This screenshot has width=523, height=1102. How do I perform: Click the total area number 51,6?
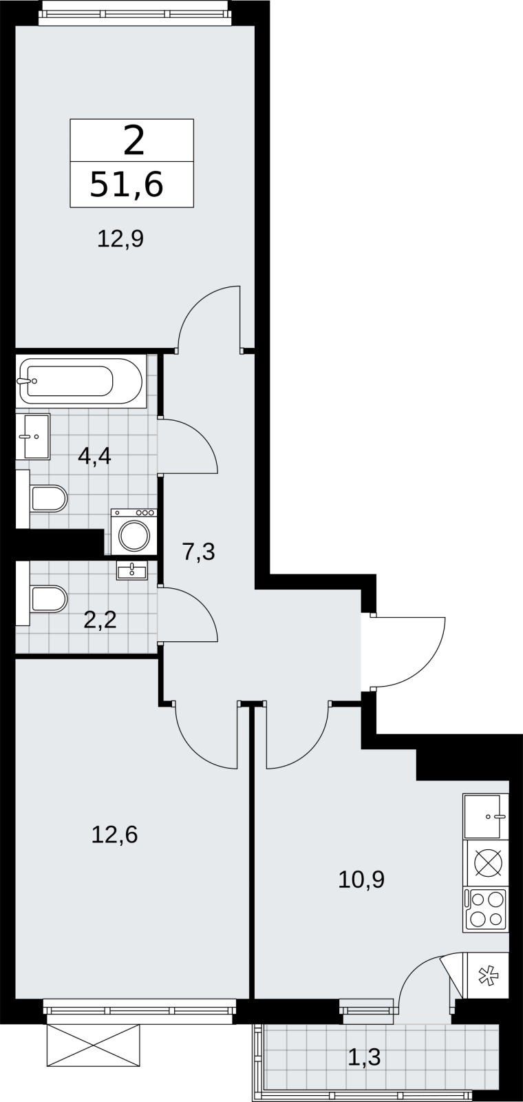coord(127,185)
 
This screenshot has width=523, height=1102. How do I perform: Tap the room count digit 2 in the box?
coord(134,141)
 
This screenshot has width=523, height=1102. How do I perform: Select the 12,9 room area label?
coord(120,240)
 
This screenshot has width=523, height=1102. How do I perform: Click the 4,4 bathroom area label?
coord(95,456)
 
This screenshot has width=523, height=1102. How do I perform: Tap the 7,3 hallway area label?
coord(199,552)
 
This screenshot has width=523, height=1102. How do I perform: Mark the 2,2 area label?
coord(100,619)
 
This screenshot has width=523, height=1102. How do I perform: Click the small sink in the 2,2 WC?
coord(131,571)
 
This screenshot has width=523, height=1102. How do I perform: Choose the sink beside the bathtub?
coord(33,437)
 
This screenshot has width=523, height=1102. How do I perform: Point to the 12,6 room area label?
coord(114,835)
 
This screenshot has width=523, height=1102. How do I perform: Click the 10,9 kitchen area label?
coord(361,879)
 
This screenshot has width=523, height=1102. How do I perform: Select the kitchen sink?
coord(485,816)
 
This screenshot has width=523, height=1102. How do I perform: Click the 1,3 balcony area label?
coord(364,1057)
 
